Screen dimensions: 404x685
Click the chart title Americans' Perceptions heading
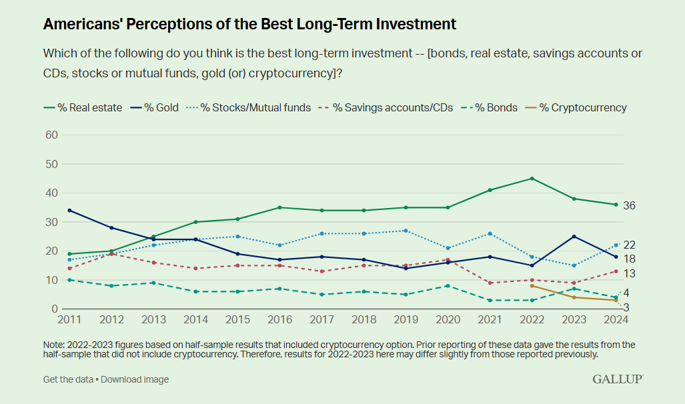click(x=249, y=25)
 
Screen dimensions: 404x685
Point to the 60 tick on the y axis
click(x=51, y=135)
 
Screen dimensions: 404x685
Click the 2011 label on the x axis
click(x=69, y=320)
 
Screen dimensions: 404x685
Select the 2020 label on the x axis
click(x=448, y=320)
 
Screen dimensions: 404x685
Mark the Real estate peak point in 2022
click(x=532, y=179)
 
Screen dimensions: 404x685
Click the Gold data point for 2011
click(x=69, y=211)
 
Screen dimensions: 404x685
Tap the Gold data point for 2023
click(x=574, y=237)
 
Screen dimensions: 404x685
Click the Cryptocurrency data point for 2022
click(x=532, y=286)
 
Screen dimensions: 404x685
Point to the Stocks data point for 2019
click(x=406, y=231)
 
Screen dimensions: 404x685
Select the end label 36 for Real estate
click(x=629, y=205)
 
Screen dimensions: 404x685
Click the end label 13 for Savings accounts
click(x=629, y=274)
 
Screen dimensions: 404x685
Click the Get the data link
click(x=68, y=379)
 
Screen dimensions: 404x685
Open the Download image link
click(x=135, y=379)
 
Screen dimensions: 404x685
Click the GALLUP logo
click(x=618, y=379)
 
